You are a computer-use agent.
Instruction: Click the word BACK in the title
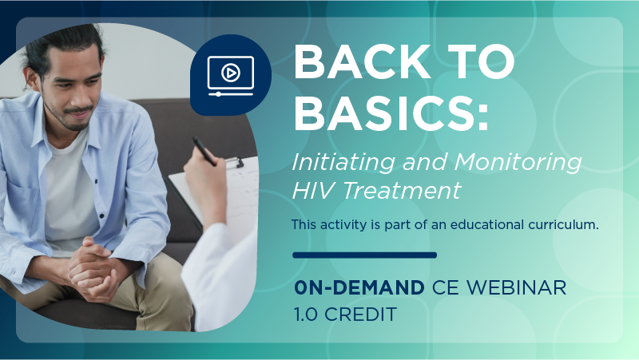[x=363, y=61]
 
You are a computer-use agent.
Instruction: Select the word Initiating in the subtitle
[x=343, y=163]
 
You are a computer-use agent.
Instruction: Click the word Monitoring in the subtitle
[x=518, y=163]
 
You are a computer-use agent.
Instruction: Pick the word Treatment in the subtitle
[x=402, y=190]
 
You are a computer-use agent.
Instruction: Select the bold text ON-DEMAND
[x=359, y=287]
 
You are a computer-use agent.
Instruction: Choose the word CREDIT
[x=360, y=314]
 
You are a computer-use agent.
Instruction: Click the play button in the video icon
[x=230, y=73]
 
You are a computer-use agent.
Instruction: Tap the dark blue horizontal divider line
[x=365, y=255]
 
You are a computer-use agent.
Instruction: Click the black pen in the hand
[x=204, y=152]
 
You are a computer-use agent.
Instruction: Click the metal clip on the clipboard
[x=233, y=163]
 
